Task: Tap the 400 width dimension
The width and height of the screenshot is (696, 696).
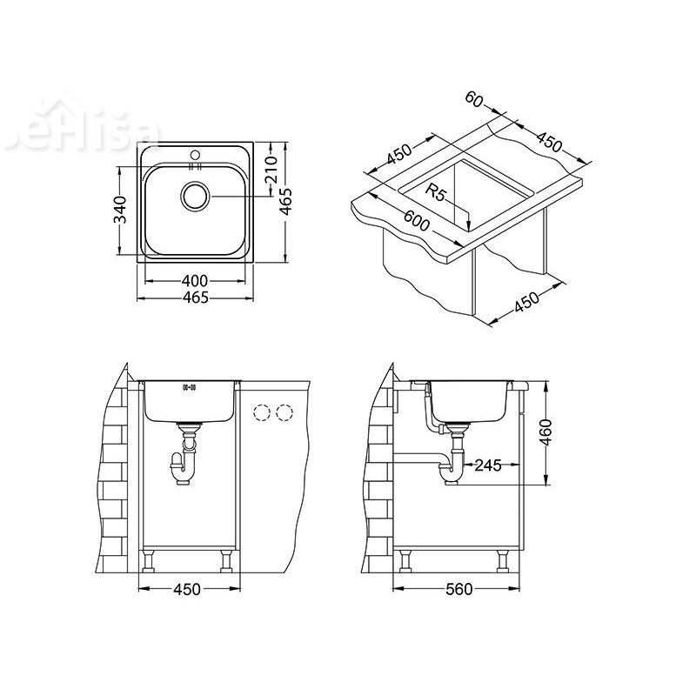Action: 196,280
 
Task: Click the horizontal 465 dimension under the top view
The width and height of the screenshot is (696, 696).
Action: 196,298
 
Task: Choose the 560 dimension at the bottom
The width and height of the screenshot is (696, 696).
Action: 458,589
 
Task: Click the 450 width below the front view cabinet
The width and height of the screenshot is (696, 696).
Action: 187,589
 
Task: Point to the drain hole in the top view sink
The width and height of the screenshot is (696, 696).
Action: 196,195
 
